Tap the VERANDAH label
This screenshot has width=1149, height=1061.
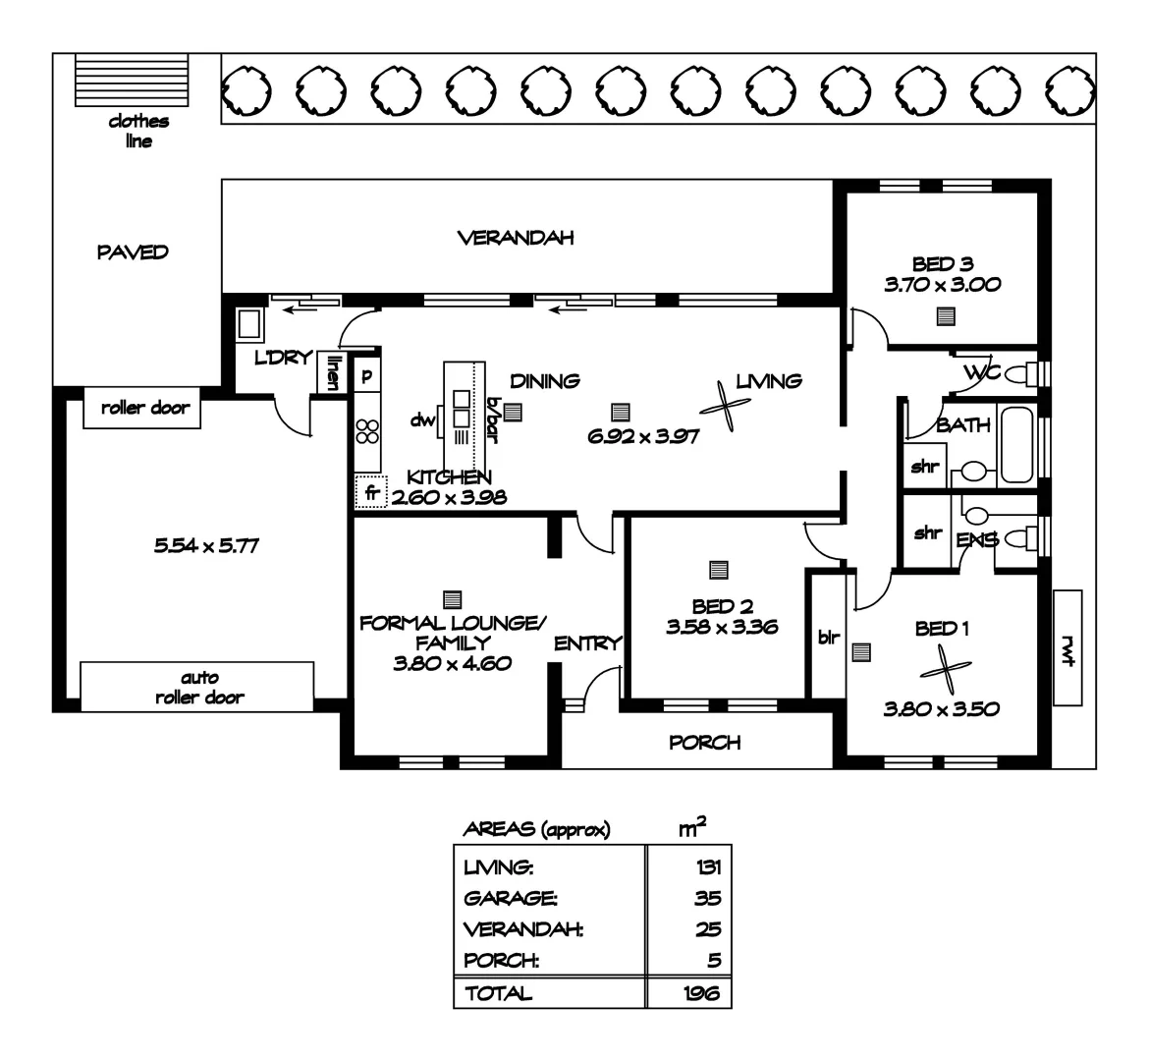coord(515,238)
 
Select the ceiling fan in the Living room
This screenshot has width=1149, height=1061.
coord(727,406)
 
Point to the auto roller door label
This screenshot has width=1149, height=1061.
coord(198,688)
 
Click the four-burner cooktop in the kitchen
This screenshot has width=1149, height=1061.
coord(367,431)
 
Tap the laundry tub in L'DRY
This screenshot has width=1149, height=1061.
coord(248,323)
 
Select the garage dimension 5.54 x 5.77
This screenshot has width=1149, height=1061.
coord(206,545)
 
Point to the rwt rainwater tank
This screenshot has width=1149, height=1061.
coord(1066,648)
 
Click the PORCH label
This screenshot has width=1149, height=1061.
coord(704,743)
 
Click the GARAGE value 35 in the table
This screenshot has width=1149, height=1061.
coord(706,898)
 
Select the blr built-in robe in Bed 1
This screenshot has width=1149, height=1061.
coord(826,637)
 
